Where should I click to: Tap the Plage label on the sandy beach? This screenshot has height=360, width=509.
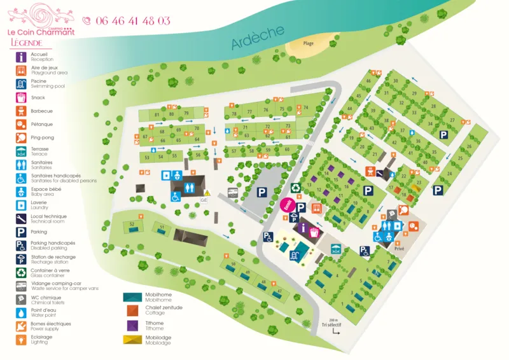coord(308,43)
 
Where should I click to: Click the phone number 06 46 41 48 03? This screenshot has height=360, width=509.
coord(133,20)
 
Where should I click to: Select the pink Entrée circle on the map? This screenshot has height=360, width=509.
coord(286,204)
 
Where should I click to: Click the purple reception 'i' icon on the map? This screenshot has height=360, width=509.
coord(303,227)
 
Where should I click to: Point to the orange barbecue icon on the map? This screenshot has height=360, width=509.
coord(369,170)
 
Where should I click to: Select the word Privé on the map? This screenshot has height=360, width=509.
coord(399,249)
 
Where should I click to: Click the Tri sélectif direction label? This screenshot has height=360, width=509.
coord(331,324)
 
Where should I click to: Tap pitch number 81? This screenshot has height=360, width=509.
coord(157,114)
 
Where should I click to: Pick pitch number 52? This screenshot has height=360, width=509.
coord(132,224)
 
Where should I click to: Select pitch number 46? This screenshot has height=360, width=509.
coord(368,81)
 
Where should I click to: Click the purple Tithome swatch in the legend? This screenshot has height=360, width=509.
coord(133,325)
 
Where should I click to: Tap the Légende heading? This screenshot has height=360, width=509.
coord(27,43)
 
